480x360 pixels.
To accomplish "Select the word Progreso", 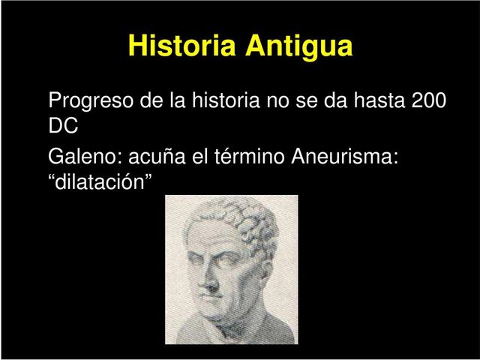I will click(92, 100).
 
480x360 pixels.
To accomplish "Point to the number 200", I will click(430, 100).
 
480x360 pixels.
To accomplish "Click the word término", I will click(250, 157).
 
